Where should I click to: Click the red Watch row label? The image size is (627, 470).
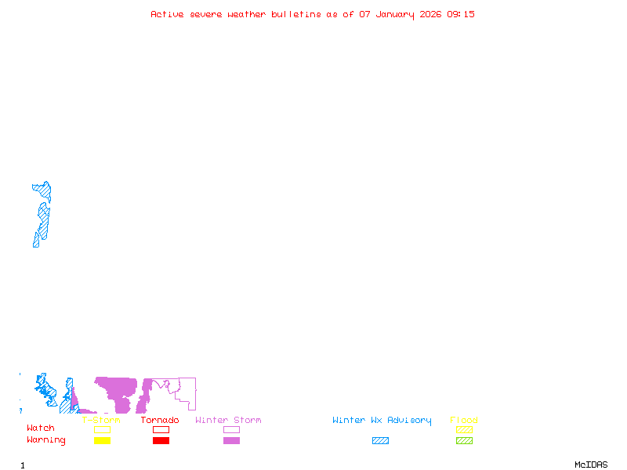coord(41,428)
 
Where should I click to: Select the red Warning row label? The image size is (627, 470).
coord(46,440)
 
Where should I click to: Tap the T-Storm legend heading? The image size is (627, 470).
coord(101,421)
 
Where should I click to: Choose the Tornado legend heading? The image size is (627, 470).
coord(160,421)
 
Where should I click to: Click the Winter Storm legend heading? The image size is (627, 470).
coord(228,421)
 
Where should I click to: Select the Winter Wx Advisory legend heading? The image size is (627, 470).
coord(382,421)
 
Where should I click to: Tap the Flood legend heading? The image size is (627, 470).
coord(464,421)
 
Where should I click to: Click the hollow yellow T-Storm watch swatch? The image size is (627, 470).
coord(102,429)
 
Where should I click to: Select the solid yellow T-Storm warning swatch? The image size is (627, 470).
coord(102,441)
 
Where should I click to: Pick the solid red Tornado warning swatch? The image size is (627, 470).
coord(161,441)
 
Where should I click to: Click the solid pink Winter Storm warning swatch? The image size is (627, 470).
coord(231,441)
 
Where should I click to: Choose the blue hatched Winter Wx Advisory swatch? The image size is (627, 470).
coord(380,441)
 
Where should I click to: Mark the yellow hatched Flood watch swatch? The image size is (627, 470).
coord(464,429)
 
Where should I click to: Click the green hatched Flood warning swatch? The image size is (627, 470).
coord(464,441)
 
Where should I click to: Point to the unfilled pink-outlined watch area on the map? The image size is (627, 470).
coord(187,392)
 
